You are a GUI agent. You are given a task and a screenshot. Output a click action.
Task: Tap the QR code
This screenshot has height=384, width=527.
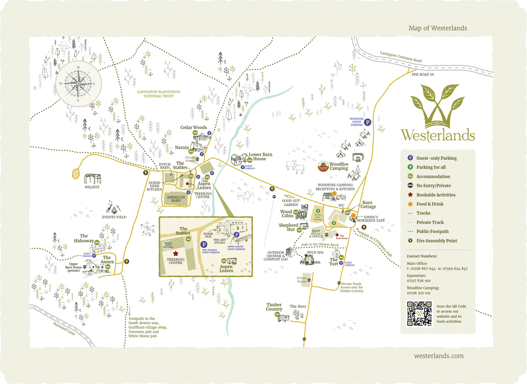point(420,313)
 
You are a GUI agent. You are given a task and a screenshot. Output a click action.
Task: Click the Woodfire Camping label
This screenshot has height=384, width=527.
point(346,166)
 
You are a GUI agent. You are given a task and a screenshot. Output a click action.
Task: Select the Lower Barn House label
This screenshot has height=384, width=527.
point(261,157)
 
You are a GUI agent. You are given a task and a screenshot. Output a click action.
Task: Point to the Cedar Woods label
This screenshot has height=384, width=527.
point(193,128)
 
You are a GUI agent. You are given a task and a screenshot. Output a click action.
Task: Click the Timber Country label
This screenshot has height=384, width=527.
point(274,307)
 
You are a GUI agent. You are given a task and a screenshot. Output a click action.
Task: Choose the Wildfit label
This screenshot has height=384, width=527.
point(92,187)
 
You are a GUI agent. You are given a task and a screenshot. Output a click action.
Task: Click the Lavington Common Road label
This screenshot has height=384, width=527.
point(401,56)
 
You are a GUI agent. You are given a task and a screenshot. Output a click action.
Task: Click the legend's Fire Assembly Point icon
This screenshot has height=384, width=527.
point(409,241)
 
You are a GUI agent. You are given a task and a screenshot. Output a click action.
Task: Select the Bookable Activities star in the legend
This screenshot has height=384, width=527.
point(409,195)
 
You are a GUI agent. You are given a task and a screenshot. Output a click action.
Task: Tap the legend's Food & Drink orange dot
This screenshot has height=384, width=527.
point(409,204)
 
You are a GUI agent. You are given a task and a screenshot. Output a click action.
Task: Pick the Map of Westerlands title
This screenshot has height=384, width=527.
point(437,28)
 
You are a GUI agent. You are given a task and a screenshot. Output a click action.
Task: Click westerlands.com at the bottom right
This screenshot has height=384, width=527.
point(439,356)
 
